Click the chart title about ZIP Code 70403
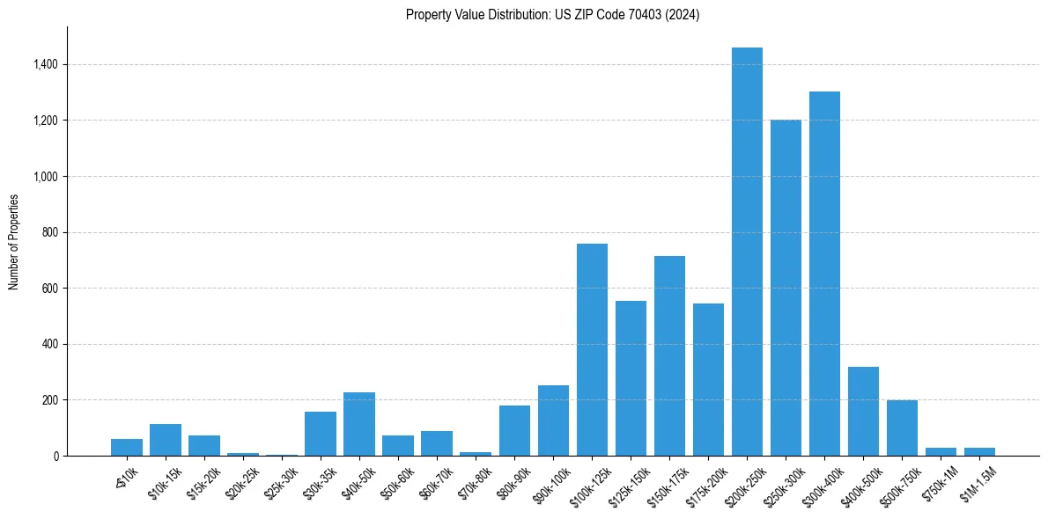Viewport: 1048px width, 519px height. [552, 15]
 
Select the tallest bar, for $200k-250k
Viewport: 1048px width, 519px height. [747, 252]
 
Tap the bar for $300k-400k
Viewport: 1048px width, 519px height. [824, 274]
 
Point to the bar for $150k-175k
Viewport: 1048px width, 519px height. [669, 355]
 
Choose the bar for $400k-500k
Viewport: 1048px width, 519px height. [863, 411]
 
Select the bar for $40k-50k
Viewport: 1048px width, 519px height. [359, 424]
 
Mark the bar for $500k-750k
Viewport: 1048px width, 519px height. [902, 428]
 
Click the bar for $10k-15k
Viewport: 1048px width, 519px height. [166, 440]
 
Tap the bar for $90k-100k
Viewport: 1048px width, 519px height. [553, 420]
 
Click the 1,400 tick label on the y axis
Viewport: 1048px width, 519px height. [45, 64]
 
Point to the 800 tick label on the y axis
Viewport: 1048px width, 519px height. [49, 232]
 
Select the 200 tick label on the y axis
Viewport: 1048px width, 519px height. [49, 400]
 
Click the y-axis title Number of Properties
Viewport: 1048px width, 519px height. [14, 241]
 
